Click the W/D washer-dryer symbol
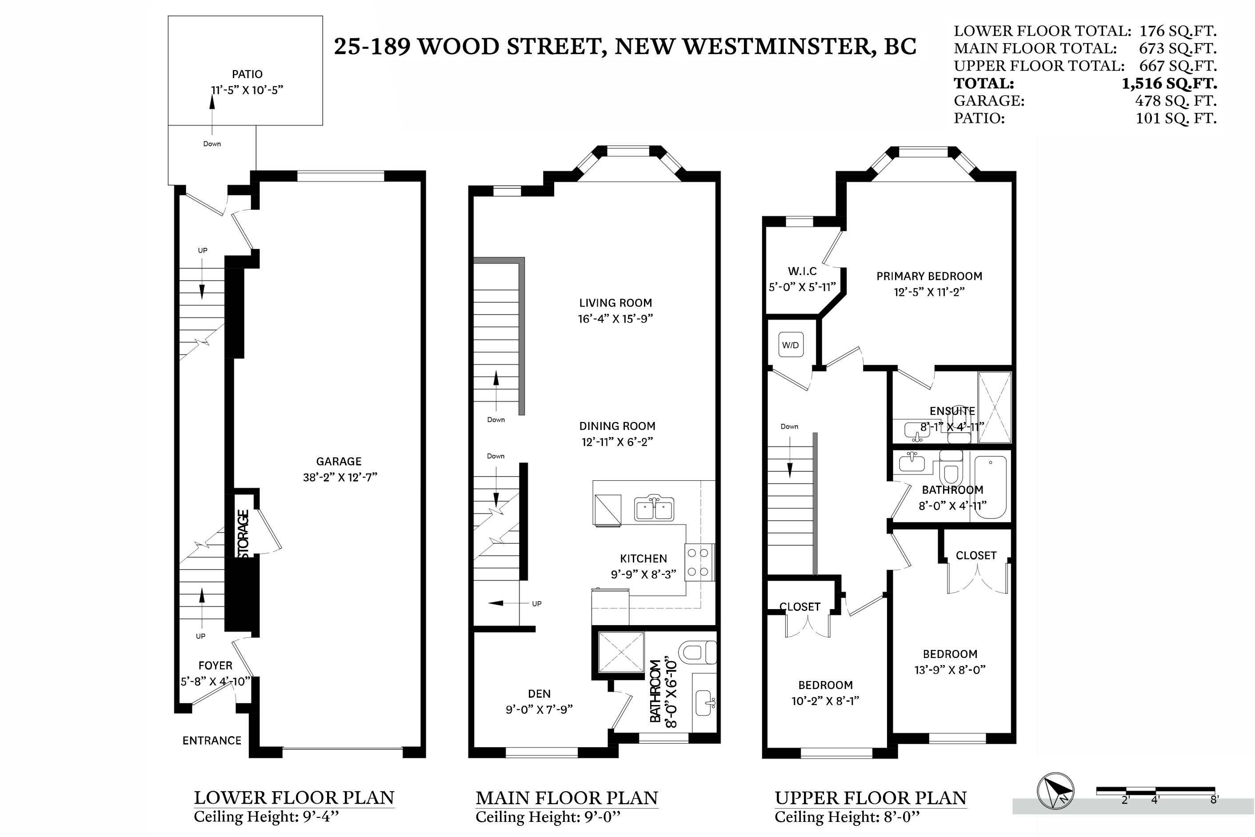[x=790, y=345]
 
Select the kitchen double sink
[x=654, y=508]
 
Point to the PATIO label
[x=247, y=74]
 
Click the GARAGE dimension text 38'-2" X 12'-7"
[x=340, y=477]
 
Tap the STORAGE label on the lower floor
[x=244, y=534]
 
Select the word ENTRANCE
[x=212, y=741]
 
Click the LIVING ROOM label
[x=616, y=303]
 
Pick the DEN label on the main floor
[x=539, y=694]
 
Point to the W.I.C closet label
[x=802, y=271]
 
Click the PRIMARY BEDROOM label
[x=929, y=276]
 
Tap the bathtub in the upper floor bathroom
[x=991, y=487]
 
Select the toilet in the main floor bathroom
[x=698, y=652]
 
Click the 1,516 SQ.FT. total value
[x=1170, y=83]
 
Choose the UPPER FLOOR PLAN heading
[x=871, y=797]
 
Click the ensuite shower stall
[x=995, y=407]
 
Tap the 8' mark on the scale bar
[x=1214, y=800]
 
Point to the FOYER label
[x=215, y=666]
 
